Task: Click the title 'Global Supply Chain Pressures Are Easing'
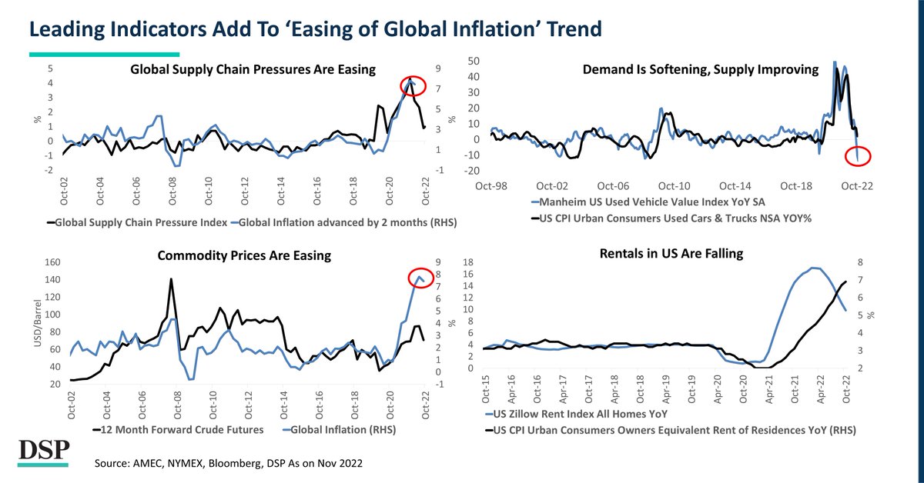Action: click(253, 69)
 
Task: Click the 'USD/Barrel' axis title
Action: click(36, 324)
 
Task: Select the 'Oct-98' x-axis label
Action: click(491, 186)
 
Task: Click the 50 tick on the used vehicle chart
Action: click(474, 61)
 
